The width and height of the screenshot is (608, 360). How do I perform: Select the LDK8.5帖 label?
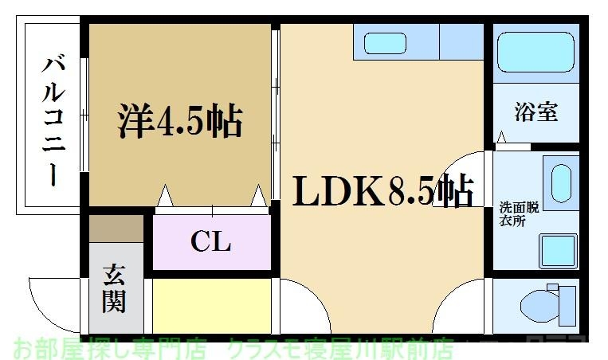(383, 190)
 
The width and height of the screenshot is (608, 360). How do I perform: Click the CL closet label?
(210, 241)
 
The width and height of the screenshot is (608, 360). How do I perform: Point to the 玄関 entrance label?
(113, 289)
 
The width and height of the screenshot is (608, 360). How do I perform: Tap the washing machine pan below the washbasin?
(558, 252)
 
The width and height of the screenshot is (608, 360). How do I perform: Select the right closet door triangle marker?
(258, 196)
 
